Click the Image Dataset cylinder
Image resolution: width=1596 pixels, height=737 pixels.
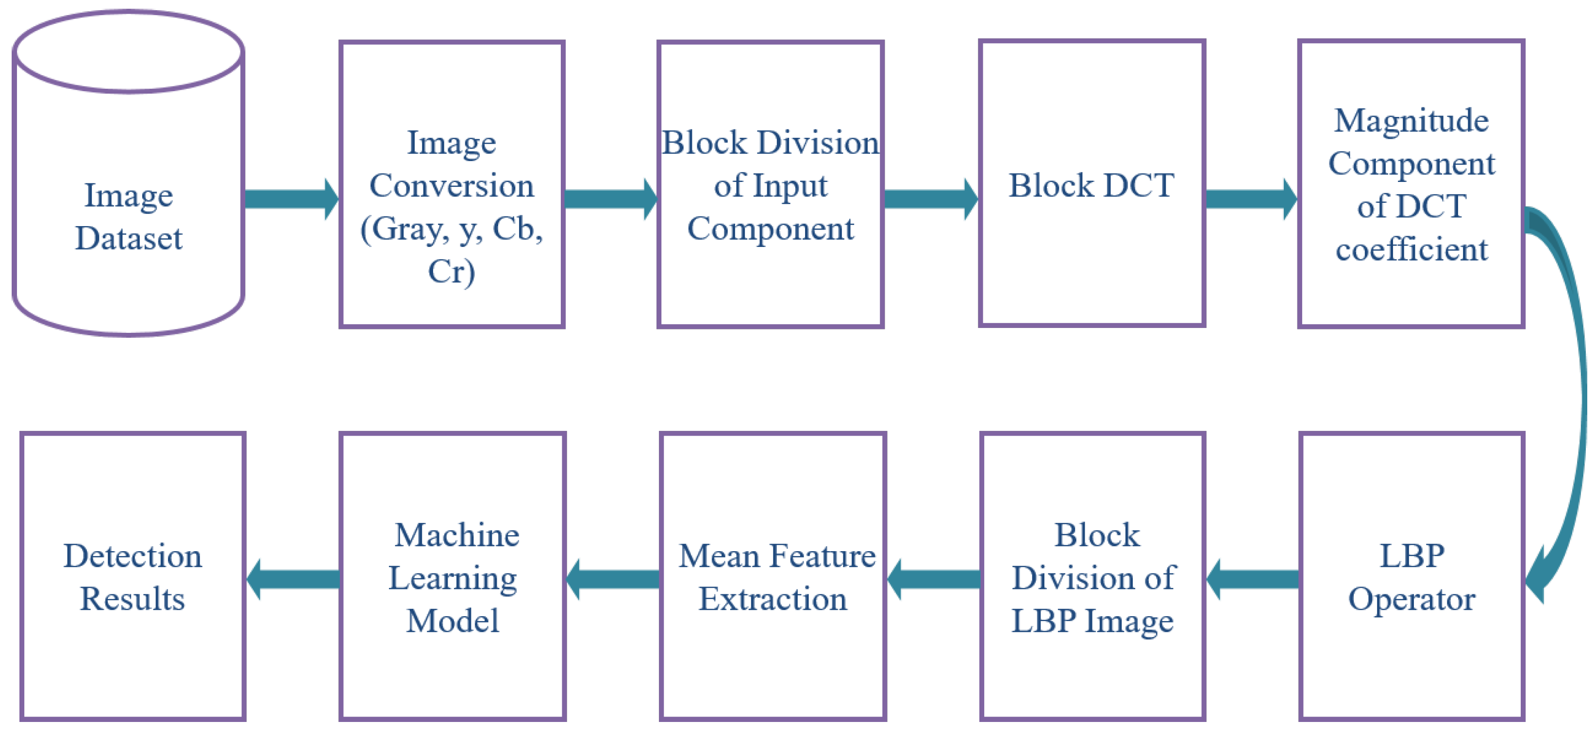[128, 173]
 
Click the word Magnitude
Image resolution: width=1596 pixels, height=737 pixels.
[1411, 120]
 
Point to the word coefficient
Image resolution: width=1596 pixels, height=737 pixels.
[1411, 249]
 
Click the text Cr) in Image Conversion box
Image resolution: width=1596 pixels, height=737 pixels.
[452, 271]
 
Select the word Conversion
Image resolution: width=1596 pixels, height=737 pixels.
[452, 186]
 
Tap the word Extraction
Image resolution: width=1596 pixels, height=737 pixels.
[773, 599]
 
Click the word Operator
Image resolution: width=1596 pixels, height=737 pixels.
[1411, 599]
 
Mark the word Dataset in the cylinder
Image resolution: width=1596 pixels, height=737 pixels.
[128, 238]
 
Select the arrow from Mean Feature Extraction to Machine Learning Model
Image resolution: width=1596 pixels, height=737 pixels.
[613, 579]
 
